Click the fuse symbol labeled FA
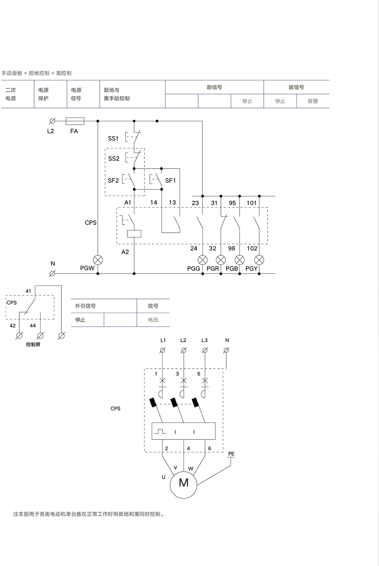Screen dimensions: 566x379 pyautogui.click(x=75, y=121)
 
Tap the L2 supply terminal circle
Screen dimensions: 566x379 pyautogui.click(x=52, y=121)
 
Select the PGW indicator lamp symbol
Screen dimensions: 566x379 pyautogui.click(x=98, y=260)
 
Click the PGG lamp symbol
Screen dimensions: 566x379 pyautogui.click(x=203, y=260)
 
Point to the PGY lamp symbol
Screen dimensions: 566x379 pyautogui.click(x=259, y=260)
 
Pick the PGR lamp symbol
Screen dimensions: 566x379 pyautogui.click(x=221, y=260)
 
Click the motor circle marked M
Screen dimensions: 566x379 pyautogui.click(x=183, y=483)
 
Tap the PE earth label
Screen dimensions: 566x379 pyautogui.click(x=231, y=453)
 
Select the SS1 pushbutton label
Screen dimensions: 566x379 pyautogui.click(x=113, y=138)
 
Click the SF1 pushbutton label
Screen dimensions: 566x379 pyautogui.click(x=171, y=180)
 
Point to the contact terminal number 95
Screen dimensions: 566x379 pyautogui.click(x=232, y=203)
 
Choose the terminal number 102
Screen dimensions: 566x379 pyautogui.click(x=252, y=248)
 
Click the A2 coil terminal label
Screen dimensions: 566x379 pyautogui.click(x=125, y=252)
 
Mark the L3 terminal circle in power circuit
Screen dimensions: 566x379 pyautogui.click(x=205, y=350)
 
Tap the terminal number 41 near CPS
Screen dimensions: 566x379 pyautogui.click(x=28, y=291)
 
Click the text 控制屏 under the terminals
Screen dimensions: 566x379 pyautogui.click(x=33, y=344)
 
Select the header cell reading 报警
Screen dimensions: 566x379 pyautogui.click(x=313, y=101)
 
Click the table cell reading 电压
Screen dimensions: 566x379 pyautogui.click(x=153, y=320)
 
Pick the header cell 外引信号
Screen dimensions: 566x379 pyautogui.click(x=85, y=306)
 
